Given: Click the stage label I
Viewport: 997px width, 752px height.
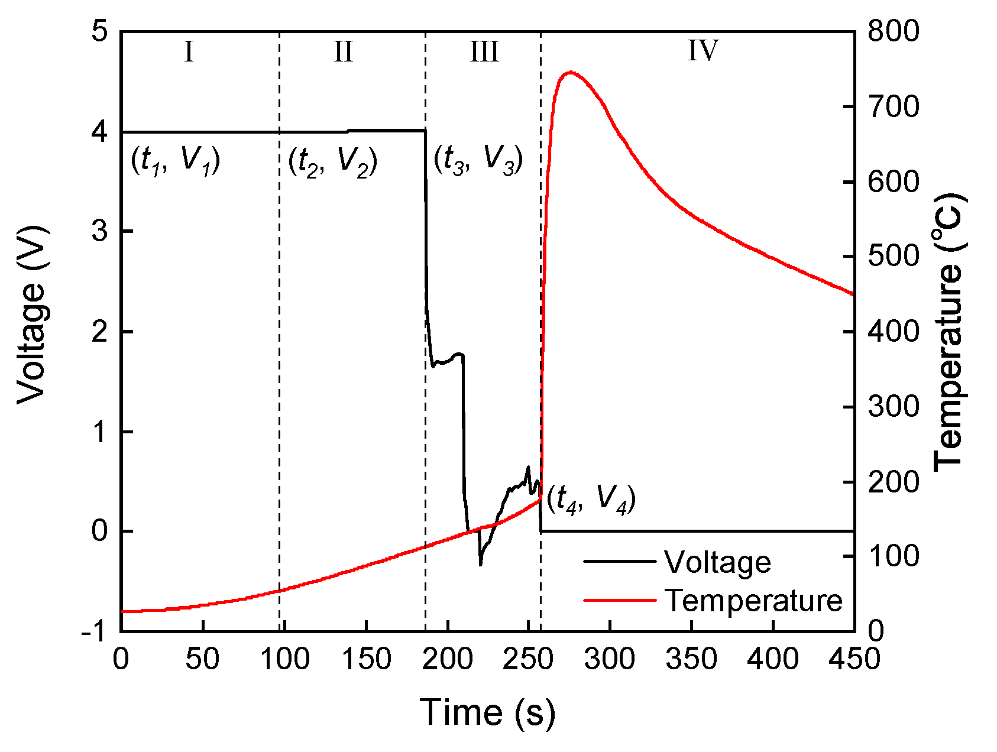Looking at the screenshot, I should [189, 52].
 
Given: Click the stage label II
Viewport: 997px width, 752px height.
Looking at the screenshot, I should [344, 52].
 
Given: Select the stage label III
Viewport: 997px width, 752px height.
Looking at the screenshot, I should [484, 52].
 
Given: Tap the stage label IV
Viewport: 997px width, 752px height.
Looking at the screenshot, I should [703, 51].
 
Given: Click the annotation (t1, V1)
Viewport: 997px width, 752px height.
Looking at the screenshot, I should [175, 160].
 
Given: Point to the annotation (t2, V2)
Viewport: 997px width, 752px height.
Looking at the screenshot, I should [332, 161].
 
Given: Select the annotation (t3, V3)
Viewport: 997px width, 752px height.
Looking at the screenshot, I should [478, 160].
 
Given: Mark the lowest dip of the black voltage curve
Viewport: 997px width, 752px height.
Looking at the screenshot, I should [480, 565].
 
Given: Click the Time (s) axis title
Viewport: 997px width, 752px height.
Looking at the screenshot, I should [487, 712].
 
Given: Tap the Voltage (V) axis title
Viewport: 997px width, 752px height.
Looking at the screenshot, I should [31, 315].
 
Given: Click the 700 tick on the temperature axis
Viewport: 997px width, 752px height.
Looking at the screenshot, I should [894, 108].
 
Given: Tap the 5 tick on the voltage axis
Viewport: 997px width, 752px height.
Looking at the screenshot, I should [101, 31].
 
